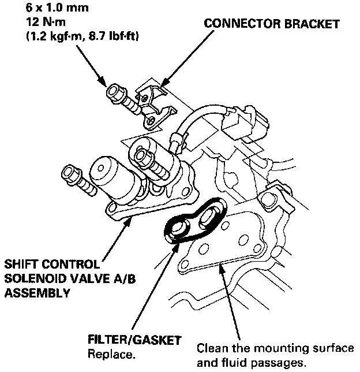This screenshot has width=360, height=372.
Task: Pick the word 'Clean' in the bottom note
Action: tap(211, 349)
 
